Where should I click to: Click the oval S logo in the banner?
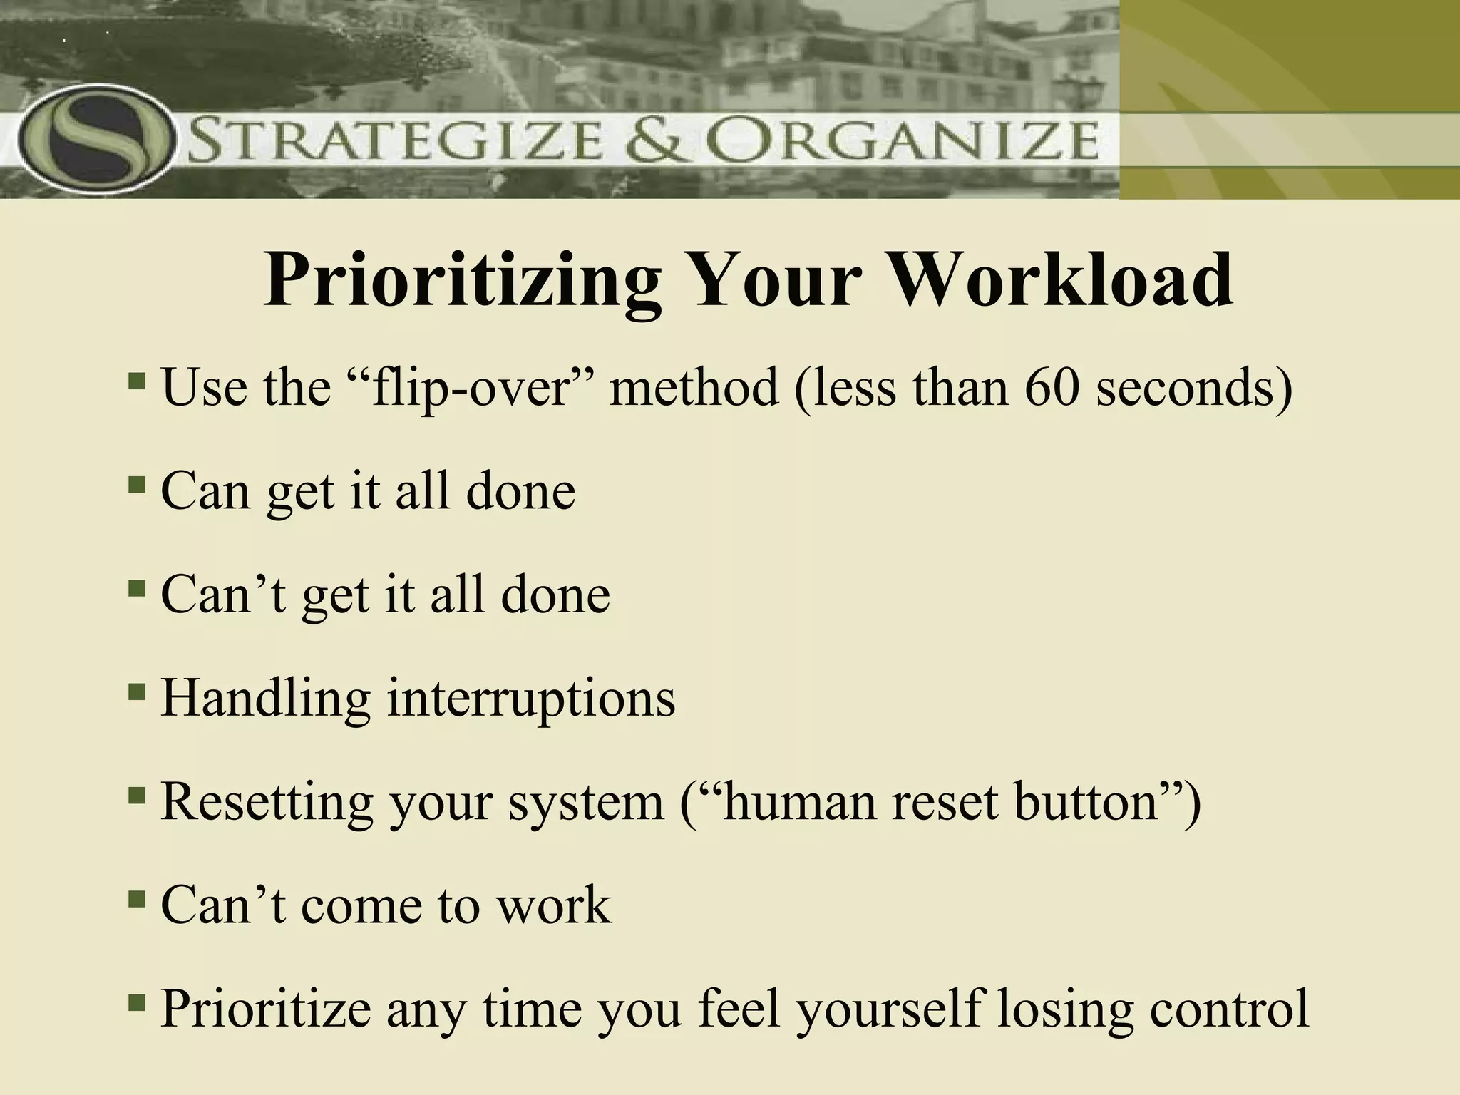96,139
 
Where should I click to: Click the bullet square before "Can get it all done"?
136,485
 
